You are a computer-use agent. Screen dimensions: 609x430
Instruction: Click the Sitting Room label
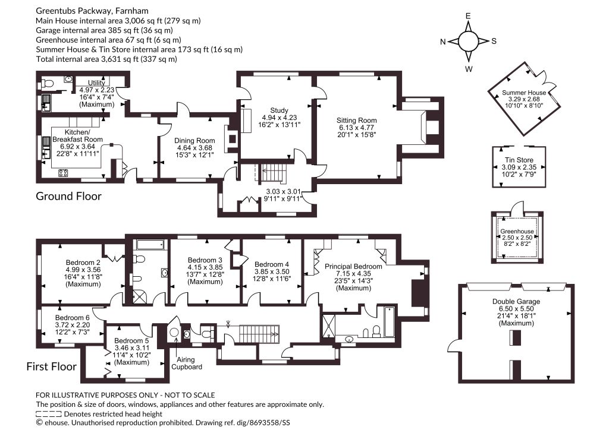(357, 120)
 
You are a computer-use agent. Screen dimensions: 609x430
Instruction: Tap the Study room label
(279, 110)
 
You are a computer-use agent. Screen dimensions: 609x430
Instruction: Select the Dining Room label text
(194, 141)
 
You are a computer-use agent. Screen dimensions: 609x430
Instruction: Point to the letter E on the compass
(468, 16)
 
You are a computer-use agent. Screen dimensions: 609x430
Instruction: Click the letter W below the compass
(469, 69)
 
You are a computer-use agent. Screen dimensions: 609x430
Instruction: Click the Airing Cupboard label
(187, 363)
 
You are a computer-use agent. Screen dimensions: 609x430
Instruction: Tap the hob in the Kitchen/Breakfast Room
(63, 173)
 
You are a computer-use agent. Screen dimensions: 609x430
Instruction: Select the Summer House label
(524, 93)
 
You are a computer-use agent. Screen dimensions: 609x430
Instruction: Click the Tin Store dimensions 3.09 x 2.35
(519, 167)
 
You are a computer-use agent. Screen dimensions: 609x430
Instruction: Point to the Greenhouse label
(517, 232)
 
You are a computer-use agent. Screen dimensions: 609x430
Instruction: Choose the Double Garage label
(516, 301)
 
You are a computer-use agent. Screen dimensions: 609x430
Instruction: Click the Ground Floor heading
(68, 196)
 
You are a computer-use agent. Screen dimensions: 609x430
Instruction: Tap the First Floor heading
(51, 366)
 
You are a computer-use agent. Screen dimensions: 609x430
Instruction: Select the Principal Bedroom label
(353, 267)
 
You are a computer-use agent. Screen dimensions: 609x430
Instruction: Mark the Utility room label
(96, 83)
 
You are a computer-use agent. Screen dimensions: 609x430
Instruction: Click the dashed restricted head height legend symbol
(49, 414)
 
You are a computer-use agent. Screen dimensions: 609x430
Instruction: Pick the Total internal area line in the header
(106, 59)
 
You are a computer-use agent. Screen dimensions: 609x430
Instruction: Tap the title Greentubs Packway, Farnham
(92, 11)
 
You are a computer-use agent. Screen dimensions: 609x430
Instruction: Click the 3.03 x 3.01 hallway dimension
(283, 192)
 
